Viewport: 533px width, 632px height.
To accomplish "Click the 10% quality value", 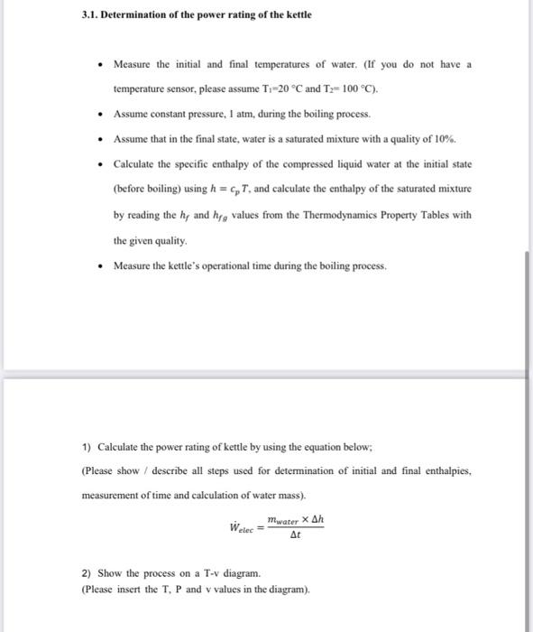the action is click(x=446, y=140).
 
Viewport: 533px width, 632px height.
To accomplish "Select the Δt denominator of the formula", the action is click(x=295, y=535).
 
